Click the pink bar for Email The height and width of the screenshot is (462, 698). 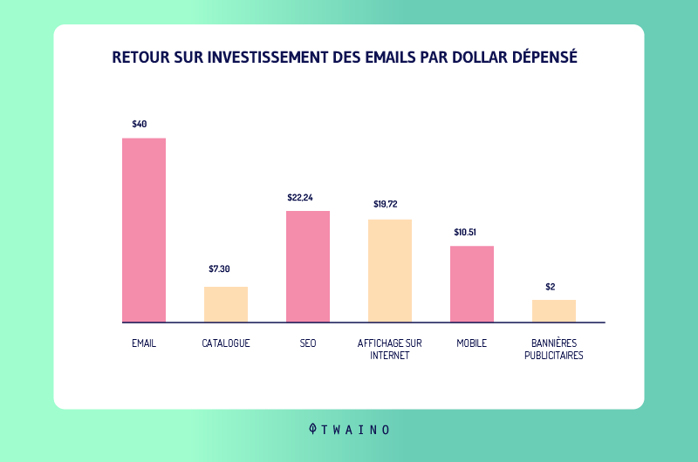point(144,230)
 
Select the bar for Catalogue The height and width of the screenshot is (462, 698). point(226,304)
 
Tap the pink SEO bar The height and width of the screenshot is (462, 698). point(308,266)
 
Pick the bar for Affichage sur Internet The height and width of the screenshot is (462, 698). point(390,270)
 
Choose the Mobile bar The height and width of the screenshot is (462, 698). point(472,284)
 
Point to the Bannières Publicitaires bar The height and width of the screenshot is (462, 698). point(554,311)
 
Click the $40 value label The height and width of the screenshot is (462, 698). point(140,124)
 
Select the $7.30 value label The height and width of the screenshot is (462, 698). point(220,268)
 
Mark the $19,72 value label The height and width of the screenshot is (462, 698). point(386,205)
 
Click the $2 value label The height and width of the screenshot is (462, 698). point(551,286)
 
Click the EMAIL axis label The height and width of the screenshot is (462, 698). point(144,343)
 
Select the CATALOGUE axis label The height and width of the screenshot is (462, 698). point(226,343)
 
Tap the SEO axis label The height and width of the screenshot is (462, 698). point(308,343)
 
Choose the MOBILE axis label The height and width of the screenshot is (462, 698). point(472,343)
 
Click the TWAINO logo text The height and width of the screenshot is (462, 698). point(356,430)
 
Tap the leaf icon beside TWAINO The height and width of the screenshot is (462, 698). point(313,429)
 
